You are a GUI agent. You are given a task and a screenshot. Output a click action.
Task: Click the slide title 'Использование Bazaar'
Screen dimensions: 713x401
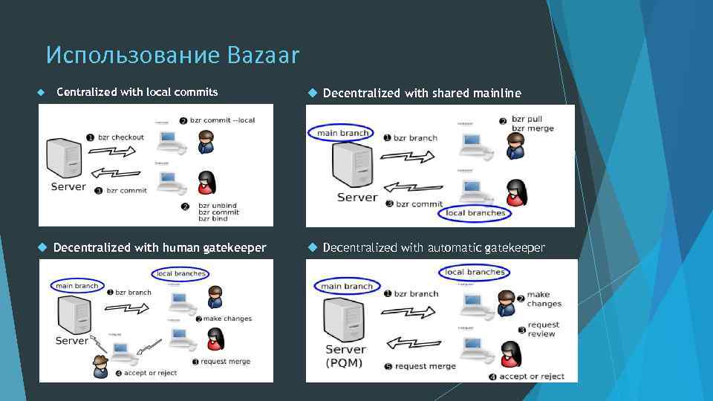coord(172,55)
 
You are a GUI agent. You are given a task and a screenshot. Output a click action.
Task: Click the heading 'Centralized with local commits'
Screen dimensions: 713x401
coord(137,92)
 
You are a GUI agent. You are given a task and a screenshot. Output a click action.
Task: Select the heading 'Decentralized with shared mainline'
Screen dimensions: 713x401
coord(422,93)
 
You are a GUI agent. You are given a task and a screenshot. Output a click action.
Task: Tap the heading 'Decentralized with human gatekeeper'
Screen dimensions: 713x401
coord(160,247)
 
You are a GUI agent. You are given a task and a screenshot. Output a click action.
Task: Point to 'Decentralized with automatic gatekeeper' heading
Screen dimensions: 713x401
coord(434,247)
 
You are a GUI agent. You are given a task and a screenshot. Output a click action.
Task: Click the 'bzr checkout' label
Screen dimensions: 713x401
coord(125,137)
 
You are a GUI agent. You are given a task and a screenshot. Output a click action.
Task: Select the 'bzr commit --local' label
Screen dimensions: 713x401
coord(223,120)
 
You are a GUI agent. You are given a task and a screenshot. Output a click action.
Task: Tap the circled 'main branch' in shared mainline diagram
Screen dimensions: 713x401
coord(342,134)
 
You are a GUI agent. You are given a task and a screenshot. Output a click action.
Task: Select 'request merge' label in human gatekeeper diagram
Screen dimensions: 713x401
coord(225,362)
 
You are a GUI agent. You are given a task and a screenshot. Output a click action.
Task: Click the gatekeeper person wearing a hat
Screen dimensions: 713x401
coord(100,366)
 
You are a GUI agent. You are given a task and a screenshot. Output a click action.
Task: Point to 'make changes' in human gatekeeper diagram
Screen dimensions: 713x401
coord(227,319)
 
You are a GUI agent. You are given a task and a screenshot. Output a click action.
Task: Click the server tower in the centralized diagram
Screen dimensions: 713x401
coord(64,158)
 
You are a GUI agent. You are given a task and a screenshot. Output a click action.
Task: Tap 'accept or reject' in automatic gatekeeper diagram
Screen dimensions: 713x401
coord(531,376)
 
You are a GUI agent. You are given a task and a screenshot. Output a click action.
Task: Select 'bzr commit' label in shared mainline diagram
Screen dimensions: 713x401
coord(419,203)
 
